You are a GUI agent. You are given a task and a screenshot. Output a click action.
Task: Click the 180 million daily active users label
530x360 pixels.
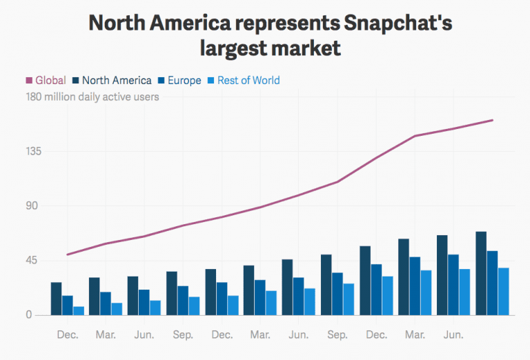coord(92,97)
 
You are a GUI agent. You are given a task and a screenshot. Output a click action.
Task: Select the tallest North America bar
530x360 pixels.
coord(481,274)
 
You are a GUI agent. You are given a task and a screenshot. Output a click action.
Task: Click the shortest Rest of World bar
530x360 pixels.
coord(79,311)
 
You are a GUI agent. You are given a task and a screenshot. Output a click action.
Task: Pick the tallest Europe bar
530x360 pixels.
coord(492,283)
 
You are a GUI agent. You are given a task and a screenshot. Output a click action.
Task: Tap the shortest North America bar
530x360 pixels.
coord(57,299)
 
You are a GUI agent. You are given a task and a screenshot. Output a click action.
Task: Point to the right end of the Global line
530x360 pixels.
coord(492,120)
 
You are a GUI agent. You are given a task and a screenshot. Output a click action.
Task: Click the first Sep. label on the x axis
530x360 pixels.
coord(183,335)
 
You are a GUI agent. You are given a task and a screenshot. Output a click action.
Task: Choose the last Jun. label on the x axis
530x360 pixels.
coord(453,335)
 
